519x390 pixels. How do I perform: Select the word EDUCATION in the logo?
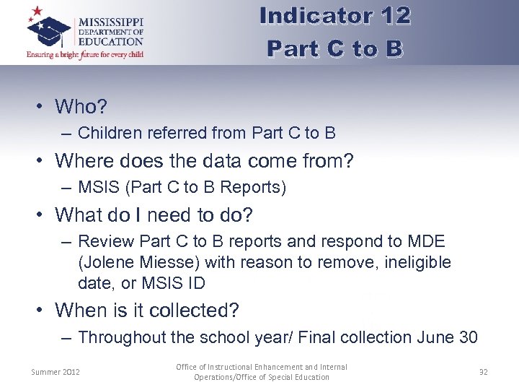110,42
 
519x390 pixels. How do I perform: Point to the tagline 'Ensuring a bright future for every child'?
85,54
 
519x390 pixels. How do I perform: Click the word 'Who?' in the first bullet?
81,107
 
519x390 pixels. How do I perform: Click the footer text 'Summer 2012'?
56,372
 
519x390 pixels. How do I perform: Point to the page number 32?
484,372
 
